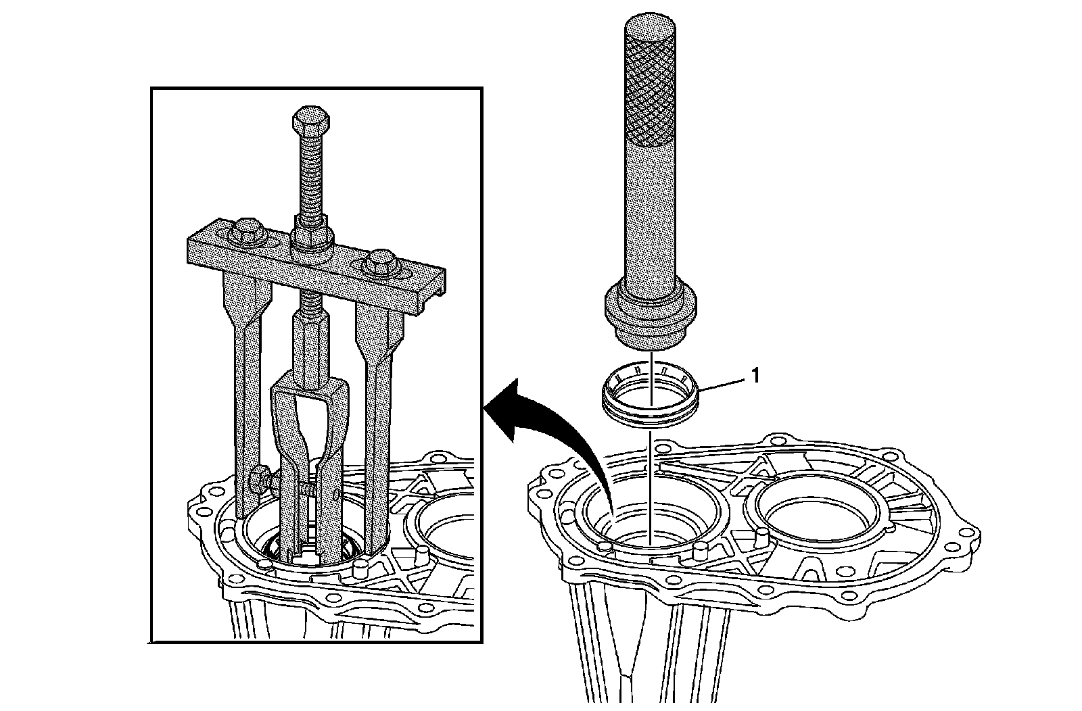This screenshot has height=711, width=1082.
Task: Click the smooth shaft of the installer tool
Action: (649, 223)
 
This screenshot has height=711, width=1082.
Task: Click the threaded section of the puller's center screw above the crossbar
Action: (310, 176)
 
